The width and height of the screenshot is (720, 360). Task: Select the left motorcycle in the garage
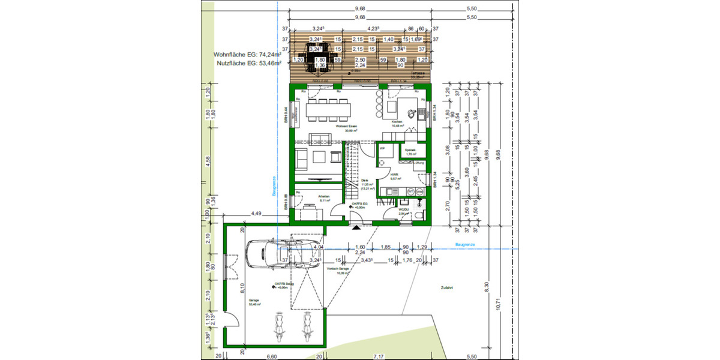[x=278, y=328]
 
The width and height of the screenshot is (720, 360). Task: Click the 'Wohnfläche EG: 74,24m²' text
[x=247, y=54]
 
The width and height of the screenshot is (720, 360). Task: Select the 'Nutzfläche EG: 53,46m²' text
[x=247, y=62]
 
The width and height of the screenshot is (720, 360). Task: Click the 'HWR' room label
[x=394, y=174]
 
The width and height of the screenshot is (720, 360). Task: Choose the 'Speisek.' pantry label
[x=411, y=151]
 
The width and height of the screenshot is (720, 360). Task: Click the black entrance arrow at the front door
[x=356, y=227]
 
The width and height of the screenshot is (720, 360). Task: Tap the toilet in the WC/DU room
[x=418, y=214]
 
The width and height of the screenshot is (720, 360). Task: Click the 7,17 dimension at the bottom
[x=379, y=356]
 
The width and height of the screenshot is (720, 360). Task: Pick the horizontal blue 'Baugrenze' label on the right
[x=466, y=245]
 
